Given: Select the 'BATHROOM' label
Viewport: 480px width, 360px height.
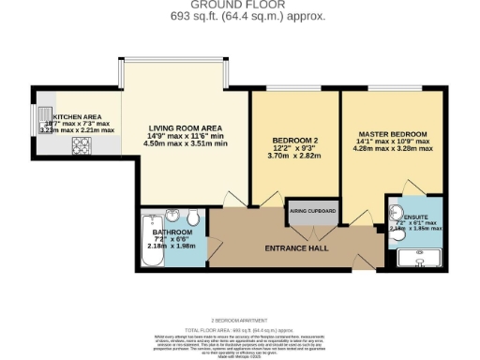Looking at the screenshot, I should tap(172, 232).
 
